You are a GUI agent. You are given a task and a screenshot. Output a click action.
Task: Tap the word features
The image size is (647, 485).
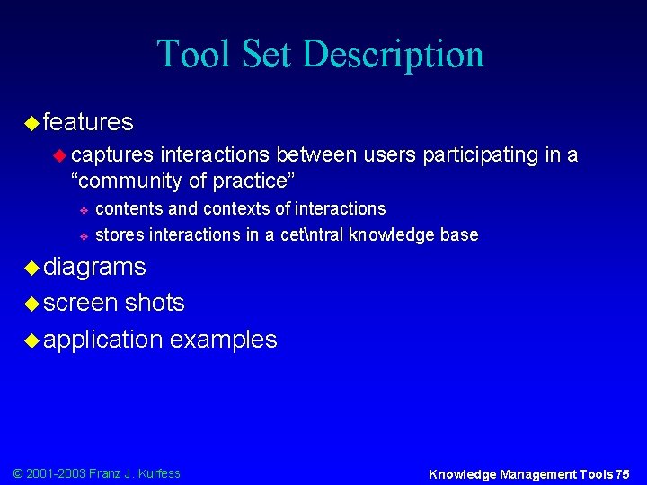pos(87,121)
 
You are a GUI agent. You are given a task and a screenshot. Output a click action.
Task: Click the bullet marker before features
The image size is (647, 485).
pos(31,121)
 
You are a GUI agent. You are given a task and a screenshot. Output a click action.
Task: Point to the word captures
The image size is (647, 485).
pos(112,155)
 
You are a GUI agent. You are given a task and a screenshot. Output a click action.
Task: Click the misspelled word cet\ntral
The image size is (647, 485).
pos(313,235)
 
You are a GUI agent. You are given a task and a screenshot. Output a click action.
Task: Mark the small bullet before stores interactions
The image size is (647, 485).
pos(81,236)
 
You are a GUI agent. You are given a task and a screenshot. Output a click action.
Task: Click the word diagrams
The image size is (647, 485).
pos(93,267)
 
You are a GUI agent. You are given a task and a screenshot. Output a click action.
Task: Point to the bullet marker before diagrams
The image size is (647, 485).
pos(31,267)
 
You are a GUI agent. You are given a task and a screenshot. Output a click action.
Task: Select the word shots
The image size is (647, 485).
pos(155,303)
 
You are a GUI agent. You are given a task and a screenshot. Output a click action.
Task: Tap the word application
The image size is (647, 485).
pos(102,339)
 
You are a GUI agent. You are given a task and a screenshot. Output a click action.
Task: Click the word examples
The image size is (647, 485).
pos(224,339)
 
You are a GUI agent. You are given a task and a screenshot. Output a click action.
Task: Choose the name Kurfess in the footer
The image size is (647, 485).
pos(158,473)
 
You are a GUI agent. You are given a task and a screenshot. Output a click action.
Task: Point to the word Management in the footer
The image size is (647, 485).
pos(533,474)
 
